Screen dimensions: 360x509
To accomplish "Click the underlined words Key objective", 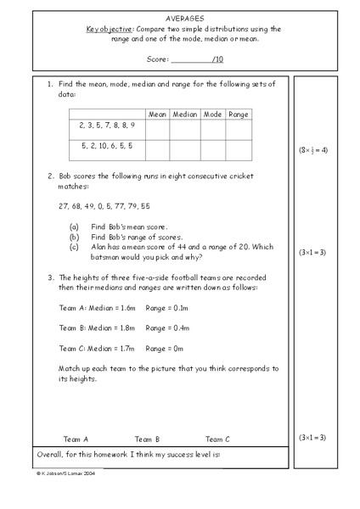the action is click(x=110, y=28).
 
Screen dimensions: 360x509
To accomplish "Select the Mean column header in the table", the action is click(x=158, y=114).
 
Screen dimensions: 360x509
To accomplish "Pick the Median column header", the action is click(x=184, y=114).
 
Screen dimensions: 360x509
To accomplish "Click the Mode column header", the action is click(x=212, y=114).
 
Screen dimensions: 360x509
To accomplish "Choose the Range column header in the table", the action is click(x=239, y=114).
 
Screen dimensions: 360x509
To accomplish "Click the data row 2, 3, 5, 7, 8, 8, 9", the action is click(x=107, y=125).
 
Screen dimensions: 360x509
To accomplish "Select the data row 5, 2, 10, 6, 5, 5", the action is click(x=106, y=146).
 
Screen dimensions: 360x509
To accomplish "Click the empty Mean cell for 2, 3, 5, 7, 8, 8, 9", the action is click(x=158, y=128).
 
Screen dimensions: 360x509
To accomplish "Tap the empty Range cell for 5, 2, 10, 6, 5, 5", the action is click(x=239, y=149).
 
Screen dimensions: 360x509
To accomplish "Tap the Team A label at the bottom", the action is click(x=76, y=439).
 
